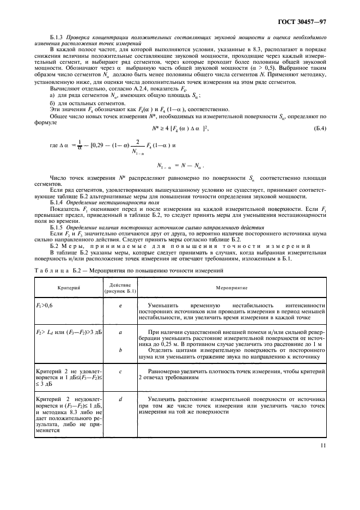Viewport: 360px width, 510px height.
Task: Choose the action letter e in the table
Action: click(120, 306)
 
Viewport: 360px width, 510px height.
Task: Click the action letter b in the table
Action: click(120, 351)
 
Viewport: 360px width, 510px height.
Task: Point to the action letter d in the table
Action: click(120, 398)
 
